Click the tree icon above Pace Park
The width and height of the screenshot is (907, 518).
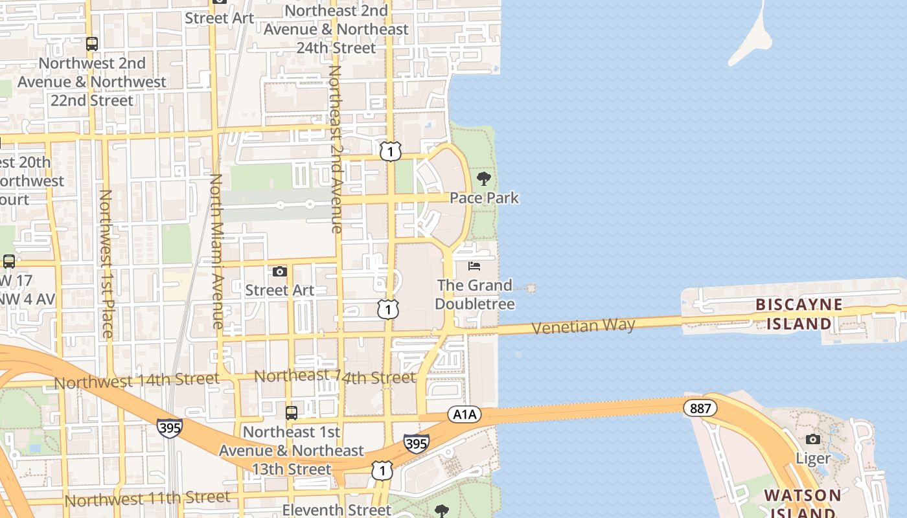pos(483,179)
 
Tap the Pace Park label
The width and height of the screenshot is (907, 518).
pos(485,197)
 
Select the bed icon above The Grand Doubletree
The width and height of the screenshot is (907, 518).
pos(474,266)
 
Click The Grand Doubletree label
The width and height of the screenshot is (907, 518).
pos(475,294)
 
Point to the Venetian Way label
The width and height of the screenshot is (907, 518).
pos(583,326)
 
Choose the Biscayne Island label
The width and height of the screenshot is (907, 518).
pos(799,314)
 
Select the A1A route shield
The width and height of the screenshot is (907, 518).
pos(464,414)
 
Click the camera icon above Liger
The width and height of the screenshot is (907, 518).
pos(813,440)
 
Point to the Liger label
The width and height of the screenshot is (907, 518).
pos(813,458)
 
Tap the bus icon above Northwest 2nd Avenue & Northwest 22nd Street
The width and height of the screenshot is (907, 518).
pos(92,44)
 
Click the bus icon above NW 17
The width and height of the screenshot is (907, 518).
pos(9,262)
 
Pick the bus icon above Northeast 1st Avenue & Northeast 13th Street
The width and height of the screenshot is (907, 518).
pos(292,412)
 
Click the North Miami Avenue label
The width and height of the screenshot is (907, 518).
pos(217,251)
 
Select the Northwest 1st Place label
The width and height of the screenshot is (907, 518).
pos(106,264)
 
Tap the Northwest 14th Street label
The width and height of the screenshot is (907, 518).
pos(137,381)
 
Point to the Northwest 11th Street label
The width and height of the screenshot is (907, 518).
pos(147,499)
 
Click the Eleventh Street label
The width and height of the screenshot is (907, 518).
pos(337,510)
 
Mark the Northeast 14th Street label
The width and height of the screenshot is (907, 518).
pos(334,376)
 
